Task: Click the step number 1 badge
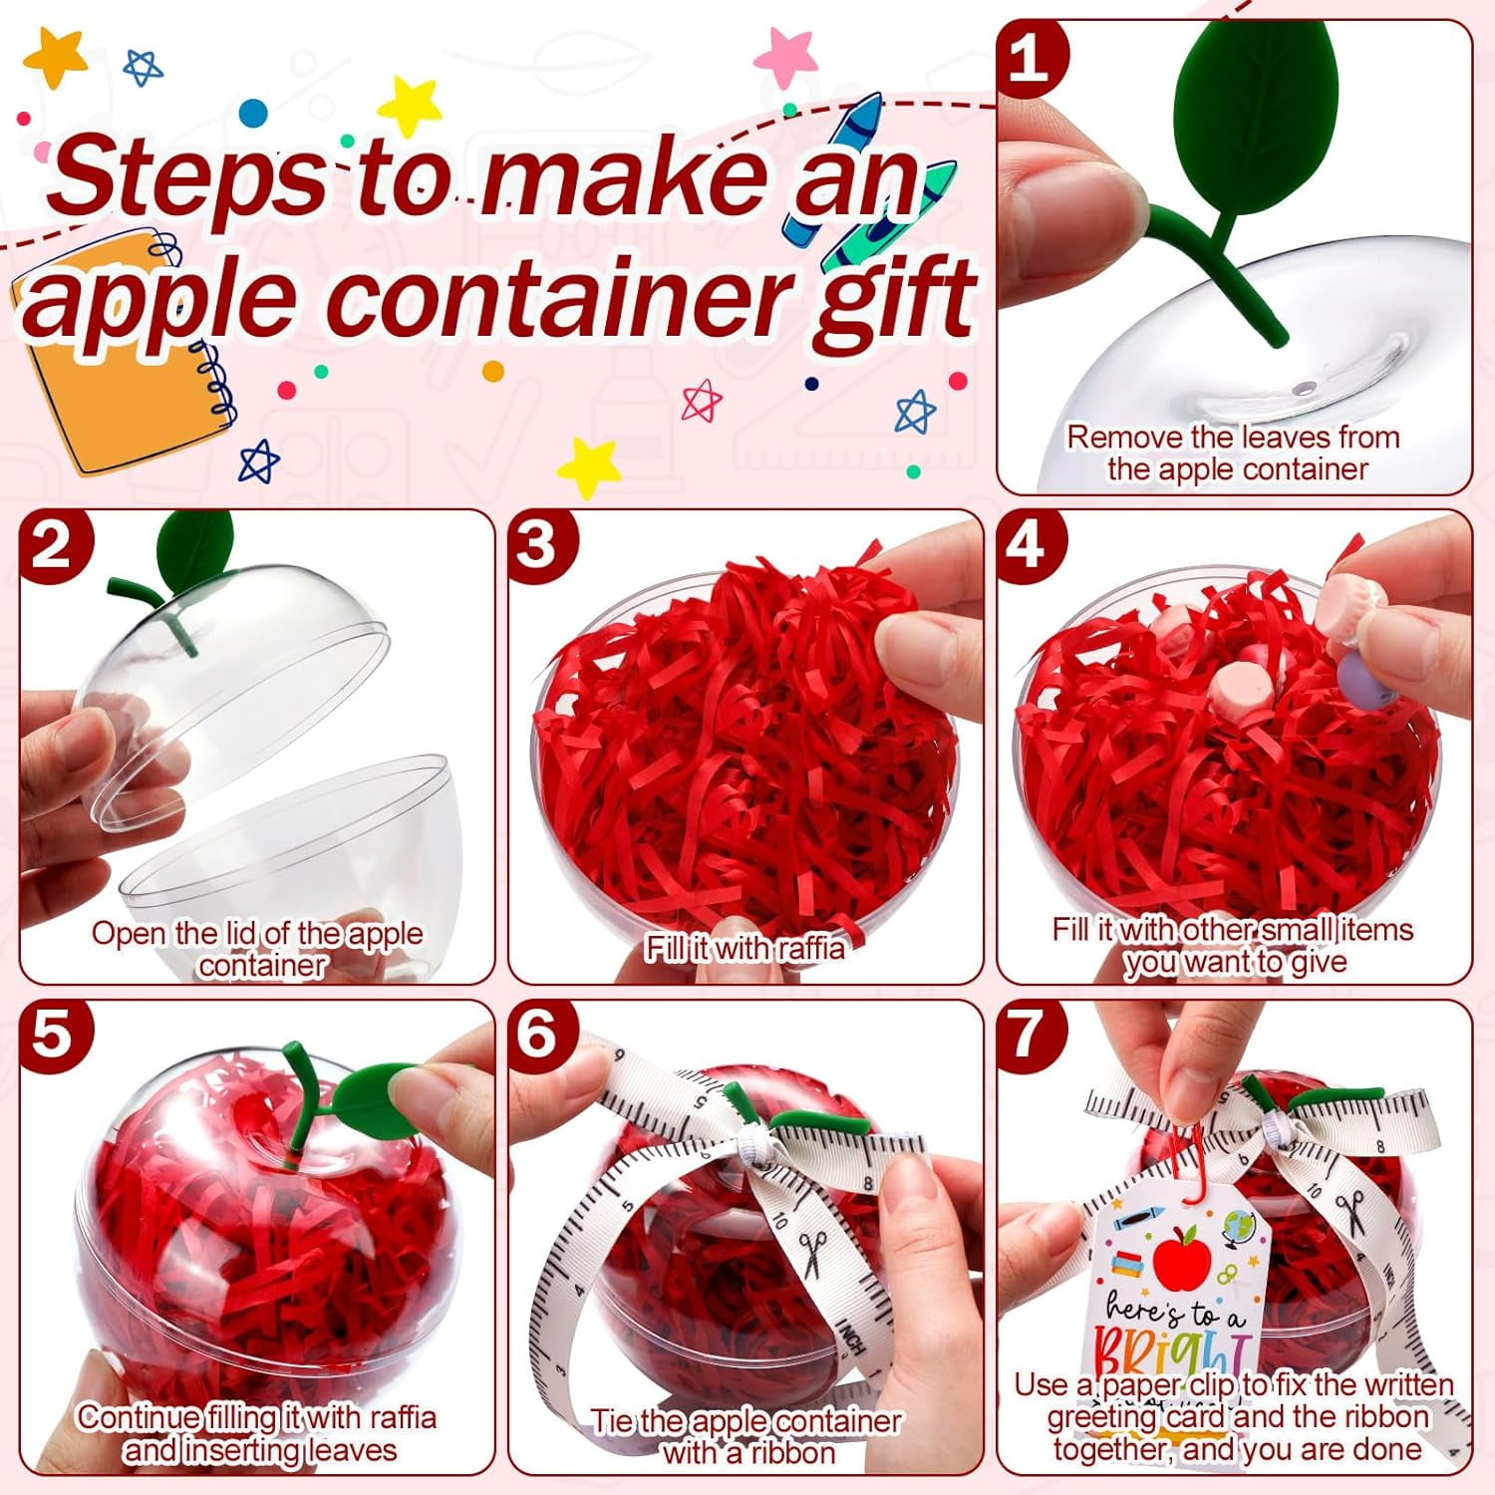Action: (x=1031, y=58)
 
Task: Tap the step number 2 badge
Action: (x=53, y=545)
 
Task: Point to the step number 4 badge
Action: (x=1028, y=545)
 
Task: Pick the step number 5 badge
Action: (x=53, y=1034)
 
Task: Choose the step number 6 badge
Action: (x=539, y=1034)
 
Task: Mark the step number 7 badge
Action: (x=1028, y=1034)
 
